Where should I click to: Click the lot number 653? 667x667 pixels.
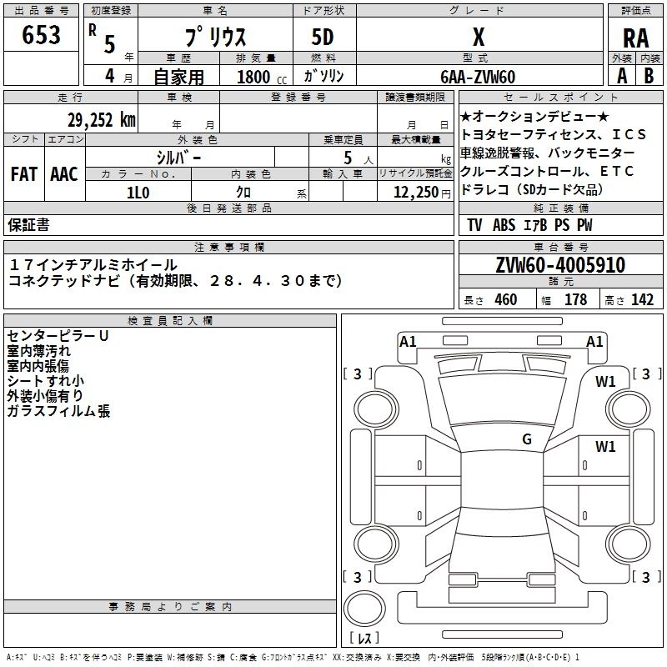pos(42,35)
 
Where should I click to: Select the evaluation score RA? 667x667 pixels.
pos(635,38)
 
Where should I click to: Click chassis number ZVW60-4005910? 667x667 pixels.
pos(561,265)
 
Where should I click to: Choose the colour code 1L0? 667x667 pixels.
pos(138,191)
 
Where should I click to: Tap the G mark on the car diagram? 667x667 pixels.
pos(527,439)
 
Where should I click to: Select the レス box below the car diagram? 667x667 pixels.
pos(364,639)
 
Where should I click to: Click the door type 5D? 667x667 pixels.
pos(324,38)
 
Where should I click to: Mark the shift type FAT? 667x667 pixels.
pos(23,174)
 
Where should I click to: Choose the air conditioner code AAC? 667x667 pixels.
pos(63,174)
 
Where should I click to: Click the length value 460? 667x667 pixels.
pos(505,300)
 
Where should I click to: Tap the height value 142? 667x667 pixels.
pos(642,300)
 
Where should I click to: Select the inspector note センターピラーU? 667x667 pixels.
pos(58,335)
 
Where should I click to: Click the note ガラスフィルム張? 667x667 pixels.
pos(58,411)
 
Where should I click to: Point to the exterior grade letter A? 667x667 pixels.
pos(621,76)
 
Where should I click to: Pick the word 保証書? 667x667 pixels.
pos(28,224)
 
